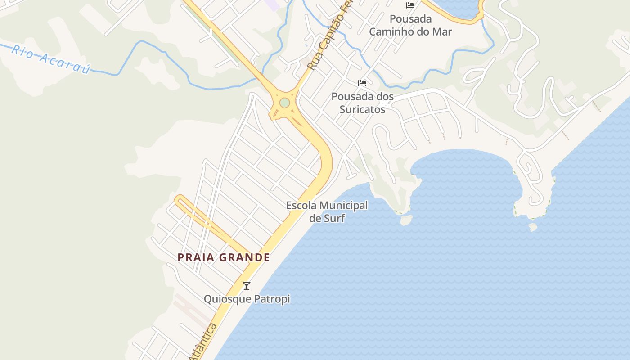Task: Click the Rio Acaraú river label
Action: pos(50,58)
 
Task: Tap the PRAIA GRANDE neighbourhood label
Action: pos(224,257)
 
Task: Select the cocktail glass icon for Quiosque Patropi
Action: pos(247,285)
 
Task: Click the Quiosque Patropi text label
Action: pos(247,299)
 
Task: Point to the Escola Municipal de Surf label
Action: pos(327,212)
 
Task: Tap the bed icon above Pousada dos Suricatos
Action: pos(362,83)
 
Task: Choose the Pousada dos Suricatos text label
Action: pos(362,103)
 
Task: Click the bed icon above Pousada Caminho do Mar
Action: pos(410,5)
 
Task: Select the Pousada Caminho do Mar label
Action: pos(410,25)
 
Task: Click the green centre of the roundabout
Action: pos(284,103)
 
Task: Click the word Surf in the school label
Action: pos(333,218)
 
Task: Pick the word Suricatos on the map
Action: pos(362,109)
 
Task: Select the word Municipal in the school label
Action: pos(344,206)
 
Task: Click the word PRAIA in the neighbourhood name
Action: pos(195,257)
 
